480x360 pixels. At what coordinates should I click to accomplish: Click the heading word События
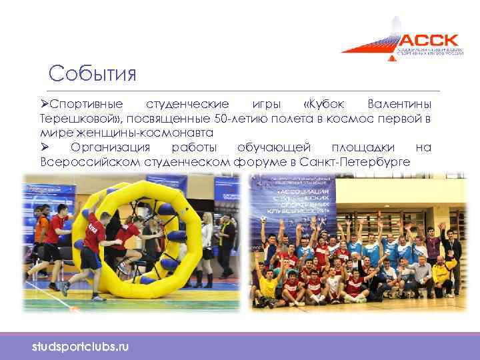point(93,73)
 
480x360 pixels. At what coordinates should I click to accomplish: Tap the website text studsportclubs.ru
point(81,347)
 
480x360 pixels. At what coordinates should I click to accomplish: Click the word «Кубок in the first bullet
point(324,105)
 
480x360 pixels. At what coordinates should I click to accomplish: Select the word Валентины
point(399,105)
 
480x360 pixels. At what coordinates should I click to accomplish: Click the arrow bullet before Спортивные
point(45,105)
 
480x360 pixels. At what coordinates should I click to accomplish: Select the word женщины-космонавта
point(155,133)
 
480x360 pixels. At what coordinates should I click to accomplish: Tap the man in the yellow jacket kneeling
point(441,273)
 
